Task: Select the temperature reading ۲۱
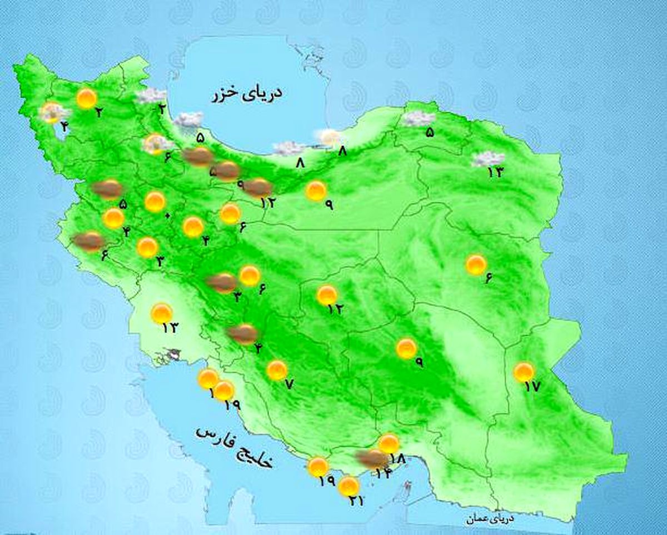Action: tap(356, 501)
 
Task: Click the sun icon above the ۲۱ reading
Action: tap(349, 486)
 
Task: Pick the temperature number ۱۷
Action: tap(532, 387)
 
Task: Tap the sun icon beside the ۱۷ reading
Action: tap(523, 372)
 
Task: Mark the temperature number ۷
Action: tap(288, 383)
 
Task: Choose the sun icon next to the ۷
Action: tap(276, 370)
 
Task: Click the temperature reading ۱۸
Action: tap(397, 458)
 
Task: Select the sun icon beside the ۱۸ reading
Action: tap(389, 443)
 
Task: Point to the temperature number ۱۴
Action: tap(383, 473)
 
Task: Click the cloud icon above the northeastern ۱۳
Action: tap(487, 159)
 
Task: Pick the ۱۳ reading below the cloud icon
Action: tap(495, 172)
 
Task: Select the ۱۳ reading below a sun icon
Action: tap(169, 327)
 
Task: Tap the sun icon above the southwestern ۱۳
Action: tap(162, 313)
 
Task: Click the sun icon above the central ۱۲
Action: tap(327, 295)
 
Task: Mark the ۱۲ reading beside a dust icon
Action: tap(268, 202)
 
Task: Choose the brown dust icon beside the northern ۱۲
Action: tap(258, 188)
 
